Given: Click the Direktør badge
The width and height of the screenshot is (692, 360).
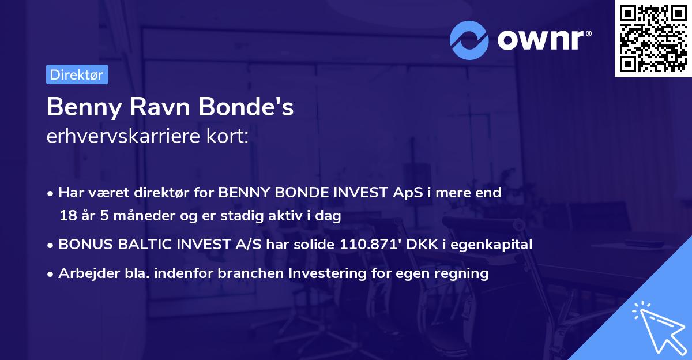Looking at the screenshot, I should [x=77, y=74].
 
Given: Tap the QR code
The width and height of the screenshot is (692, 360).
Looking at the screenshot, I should [x=653, y=38].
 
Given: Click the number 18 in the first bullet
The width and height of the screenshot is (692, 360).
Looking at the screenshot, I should [x=67, y=216].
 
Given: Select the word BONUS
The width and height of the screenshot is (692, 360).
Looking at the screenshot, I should [x=84, y=245].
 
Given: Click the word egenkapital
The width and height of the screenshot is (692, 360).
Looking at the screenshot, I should [x=498, y=245].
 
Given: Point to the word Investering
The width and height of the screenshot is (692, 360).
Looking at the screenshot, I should [x=326, y=273].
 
